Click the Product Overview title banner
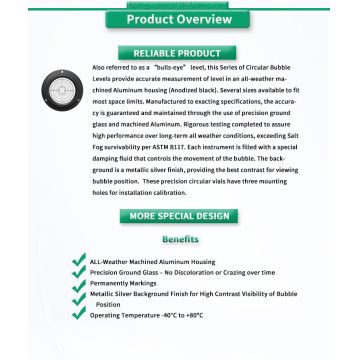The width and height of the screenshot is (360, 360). (179, 18)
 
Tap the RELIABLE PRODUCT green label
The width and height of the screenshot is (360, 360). (180, 52)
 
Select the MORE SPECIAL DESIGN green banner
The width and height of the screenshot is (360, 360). (180, 216)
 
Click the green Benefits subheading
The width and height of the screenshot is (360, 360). (180, 240)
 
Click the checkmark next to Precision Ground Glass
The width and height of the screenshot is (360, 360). (78, 273)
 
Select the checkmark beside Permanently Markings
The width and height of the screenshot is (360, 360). (78, 285)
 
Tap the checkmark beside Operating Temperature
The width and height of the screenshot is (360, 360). (78, 315)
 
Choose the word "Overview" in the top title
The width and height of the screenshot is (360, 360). (206, 18)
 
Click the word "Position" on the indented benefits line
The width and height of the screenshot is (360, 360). (109, 305)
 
